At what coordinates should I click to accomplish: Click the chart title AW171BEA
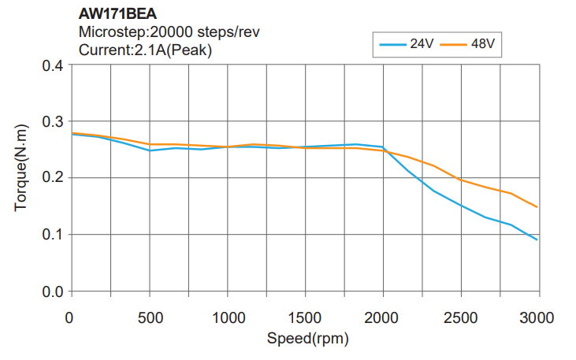pos(118,13)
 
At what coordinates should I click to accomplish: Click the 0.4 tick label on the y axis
pos(52,65)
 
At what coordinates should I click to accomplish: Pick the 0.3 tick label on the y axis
pos(52,121)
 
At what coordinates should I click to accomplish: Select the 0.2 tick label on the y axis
pos(52,178)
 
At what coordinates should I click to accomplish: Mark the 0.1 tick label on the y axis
pos(52,235)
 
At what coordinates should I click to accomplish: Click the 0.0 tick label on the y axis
pos(52,291)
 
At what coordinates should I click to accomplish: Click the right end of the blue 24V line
pos(537,239)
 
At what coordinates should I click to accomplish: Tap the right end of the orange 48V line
pos(537,207)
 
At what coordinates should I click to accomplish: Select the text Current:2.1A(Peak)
pos(146,50)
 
